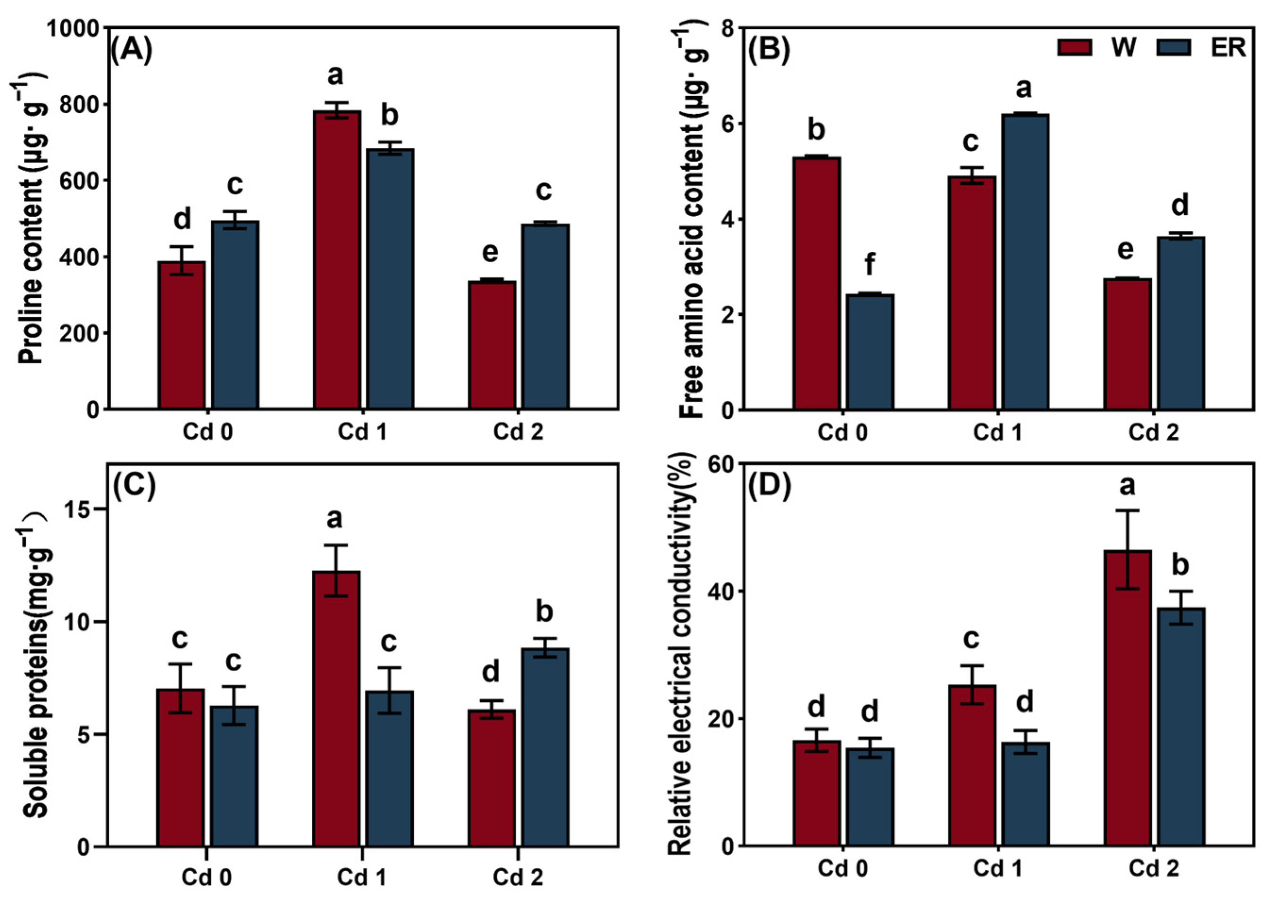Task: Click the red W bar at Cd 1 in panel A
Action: pos(336,260)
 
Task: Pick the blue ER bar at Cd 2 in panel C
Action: pos(545,747)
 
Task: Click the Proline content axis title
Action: pos(31,221)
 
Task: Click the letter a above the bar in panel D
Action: pos(1127,486)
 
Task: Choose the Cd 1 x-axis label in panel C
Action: pos(362,876)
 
